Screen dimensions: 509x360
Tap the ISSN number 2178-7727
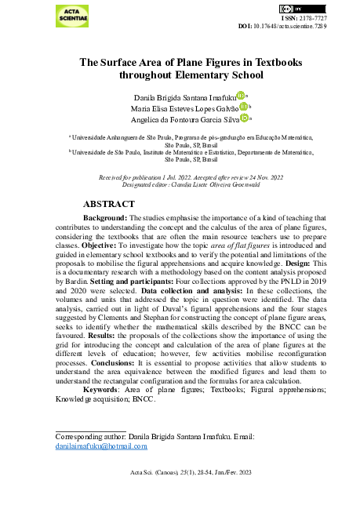point(310,17)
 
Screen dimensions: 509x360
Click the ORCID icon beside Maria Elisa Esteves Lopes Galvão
point(244,107)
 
